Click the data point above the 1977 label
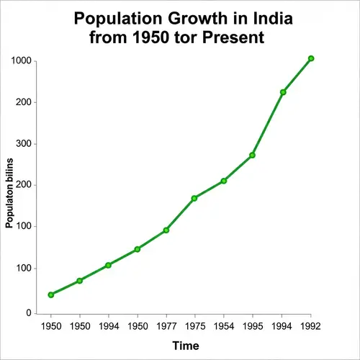point(166,230)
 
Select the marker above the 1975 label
point(194,198)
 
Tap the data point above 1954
point(224,181)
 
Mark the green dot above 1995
point(253,156)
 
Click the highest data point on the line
point(311,58)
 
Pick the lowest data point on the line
point(50,294)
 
